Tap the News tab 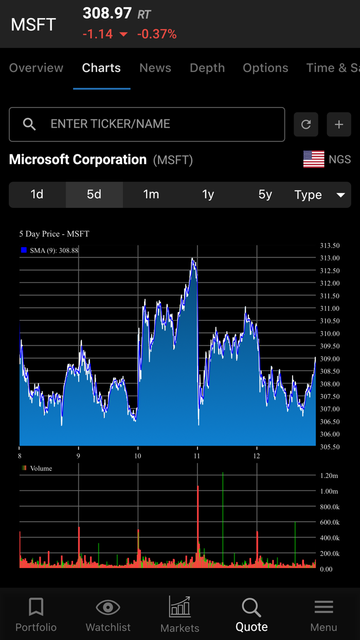[155, 68]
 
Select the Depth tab [207, 68]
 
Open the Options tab [265, 68]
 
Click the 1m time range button [151, 194]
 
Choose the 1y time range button [208, 194]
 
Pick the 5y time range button [265, 194]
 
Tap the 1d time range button [37, 194]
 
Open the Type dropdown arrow [340, 195]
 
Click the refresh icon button [306, 125]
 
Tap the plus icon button [339, 125]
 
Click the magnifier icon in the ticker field [29, 124]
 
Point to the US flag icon [314, 159]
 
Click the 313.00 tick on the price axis [329, 258]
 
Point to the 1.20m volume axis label [329, 476]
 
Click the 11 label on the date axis [197, 456]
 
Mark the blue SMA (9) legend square [24, 251]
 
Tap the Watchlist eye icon [108, 608]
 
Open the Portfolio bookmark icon [36, 607]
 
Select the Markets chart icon [180, 607]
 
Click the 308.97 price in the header [107, 13]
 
